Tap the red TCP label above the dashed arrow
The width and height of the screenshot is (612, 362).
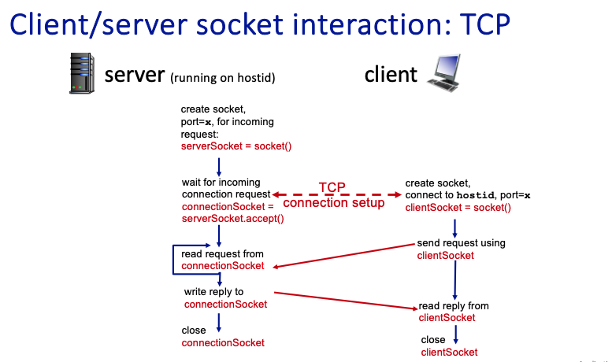pyautogui.click(x=332, y=187)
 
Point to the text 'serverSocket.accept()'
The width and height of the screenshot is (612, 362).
pyautogui.click(x=232, y=218)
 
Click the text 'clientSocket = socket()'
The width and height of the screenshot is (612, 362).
pyautogui.click(x=458, y=208)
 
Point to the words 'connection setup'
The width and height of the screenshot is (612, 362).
pyautogui.click(x=333, y=203)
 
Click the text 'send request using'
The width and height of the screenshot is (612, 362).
pyautogui.click(x=461, y=243)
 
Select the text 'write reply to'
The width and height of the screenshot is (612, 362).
pyautogui.click(x=213, y=292)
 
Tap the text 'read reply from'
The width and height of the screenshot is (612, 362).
pyautogui.click(x=453, y=306)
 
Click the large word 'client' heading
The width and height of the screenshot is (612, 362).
pyautogui.click(x=390, y=75)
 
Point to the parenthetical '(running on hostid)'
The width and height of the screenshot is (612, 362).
pyautogui.click(x=221, y=77)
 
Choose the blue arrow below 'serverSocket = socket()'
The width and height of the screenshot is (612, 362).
pyautogui.click(x=218, y=165)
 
